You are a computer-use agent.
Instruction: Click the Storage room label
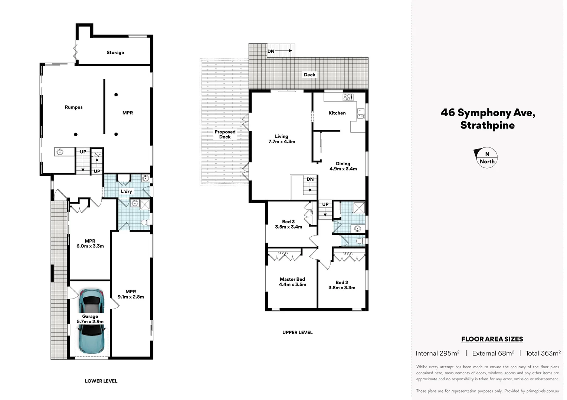[x=115, y=53]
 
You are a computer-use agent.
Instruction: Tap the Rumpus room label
[x=73, y=107]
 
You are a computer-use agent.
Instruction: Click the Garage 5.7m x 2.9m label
[x=90, y=319]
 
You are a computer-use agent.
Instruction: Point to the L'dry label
[x=126, y=191]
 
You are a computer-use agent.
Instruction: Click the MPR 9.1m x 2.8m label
[x=131, y=294]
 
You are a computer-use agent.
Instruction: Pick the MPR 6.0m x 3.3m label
[x=90, y=243]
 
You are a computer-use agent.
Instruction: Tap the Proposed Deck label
[x=225, y=134]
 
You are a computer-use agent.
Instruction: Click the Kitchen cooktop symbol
[x=348, y=97]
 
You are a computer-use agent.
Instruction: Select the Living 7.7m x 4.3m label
[x=282, y=139]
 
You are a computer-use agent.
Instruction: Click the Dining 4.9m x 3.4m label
[x=343, y=166]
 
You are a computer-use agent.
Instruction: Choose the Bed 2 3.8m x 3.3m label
[x=342, y=285]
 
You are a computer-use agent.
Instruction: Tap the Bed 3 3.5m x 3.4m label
[x=288, y=224]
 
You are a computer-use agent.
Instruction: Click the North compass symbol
[x=486, y=158]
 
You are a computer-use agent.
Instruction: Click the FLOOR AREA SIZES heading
[x=492, y=339]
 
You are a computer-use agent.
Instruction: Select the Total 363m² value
[x=543, y=353]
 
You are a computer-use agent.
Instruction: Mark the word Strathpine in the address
[x=487, y=125]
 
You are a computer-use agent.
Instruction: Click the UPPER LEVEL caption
[x=297, y=333]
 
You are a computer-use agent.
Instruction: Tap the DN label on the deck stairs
[x=271, y=51]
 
